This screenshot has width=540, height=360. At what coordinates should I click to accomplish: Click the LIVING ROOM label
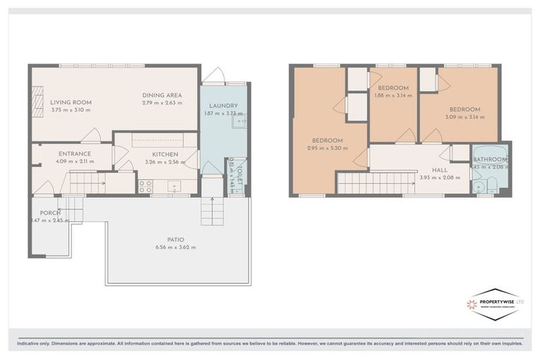pos(70,103)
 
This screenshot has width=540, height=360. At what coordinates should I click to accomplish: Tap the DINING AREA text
pos(162,95)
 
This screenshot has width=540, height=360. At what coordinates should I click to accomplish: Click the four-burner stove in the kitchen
pos(146,186)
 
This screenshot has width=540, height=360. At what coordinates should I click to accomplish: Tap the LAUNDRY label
pos(222,106)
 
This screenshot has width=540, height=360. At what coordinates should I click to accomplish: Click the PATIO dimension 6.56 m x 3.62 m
pos(175,247)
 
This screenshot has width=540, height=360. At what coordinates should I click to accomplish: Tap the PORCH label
pos(49,213)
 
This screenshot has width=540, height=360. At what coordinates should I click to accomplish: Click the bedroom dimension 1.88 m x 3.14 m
pos(393,96)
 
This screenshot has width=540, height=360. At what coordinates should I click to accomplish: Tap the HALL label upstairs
pos(439,169)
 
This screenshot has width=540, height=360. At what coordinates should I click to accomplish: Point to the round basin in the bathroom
pos(479,187)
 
